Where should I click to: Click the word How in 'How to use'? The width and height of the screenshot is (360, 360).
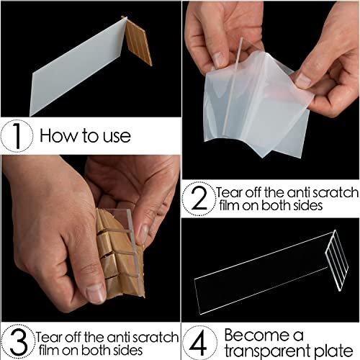(x=60, y=135)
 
